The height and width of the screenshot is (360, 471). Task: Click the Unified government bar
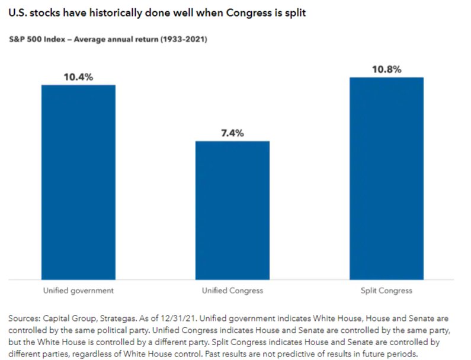pyautogui.click(x=78, y=181)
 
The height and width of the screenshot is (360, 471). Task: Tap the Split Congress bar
pyautogui.click(x=386, y=178)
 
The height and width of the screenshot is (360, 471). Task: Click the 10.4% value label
pyautogui.click(x=78, y=77)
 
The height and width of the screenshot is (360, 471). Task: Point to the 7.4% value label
pyautogui.click(x=232, y=133)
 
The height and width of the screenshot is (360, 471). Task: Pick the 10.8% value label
pyautogui.click(x=386, y=69)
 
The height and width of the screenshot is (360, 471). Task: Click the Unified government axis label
pyautogui.click(x=78, y=291)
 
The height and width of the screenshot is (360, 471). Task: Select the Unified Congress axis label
pyautogui.click(x=232, y=291)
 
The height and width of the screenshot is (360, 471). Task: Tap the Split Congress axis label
pyautogui.click(x=386, y=291)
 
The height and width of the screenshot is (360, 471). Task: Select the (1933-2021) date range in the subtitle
pyautogui.click(x=181, y=40)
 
